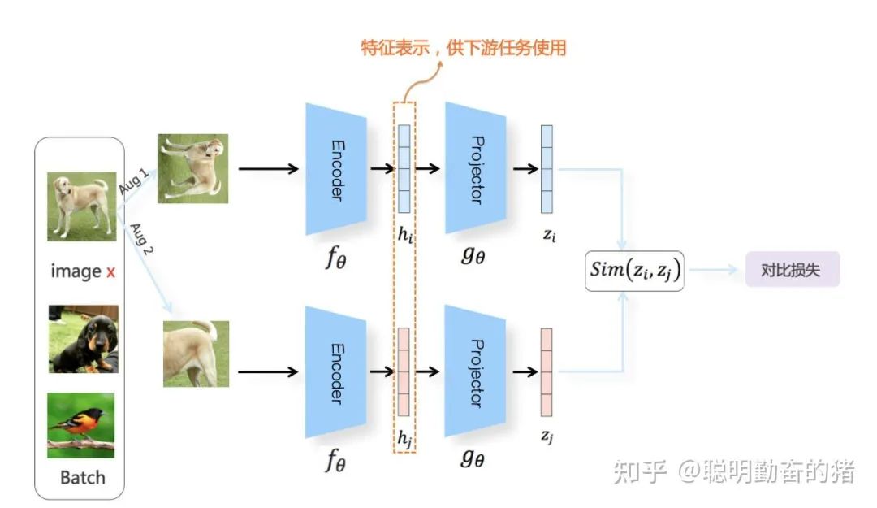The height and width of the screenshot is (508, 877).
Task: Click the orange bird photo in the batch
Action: click(x=80, y=425)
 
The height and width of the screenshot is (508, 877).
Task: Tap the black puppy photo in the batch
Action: click(x=82, y=339)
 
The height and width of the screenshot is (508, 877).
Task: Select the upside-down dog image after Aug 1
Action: click(x=193, y=168)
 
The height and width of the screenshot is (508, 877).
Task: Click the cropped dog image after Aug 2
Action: click(x=196, y=354)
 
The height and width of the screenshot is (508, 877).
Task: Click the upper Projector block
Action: click(x=476, y=168)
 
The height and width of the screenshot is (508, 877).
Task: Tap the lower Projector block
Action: click(x=476, y=372)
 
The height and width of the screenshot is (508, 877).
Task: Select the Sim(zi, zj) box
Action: click(x=634, y=271)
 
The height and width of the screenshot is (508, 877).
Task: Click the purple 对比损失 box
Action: click(x=792, y=271)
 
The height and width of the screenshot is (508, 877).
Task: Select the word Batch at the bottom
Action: click(x=82, y=476)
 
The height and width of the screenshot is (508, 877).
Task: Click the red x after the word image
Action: click(x=110, y=271)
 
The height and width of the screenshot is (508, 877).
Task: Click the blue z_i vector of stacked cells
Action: click(x=547, y=168)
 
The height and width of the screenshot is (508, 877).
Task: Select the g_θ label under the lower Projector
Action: click(x=473, y=458)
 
